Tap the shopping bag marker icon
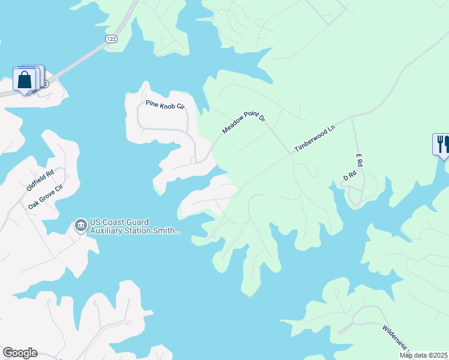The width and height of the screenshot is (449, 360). pos(25,79)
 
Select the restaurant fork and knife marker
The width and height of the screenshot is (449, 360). pos(442,144)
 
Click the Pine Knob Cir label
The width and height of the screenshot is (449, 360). pos(165,105)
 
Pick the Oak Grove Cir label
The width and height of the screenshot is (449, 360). pos(46,197)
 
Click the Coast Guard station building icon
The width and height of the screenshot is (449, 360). pos(80,226)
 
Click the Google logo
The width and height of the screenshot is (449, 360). pos(20,353)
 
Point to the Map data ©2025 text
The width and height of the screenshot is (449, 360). pos(423,355)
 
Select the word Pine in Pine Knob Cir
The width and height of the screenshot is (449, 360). pos(151,103)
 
